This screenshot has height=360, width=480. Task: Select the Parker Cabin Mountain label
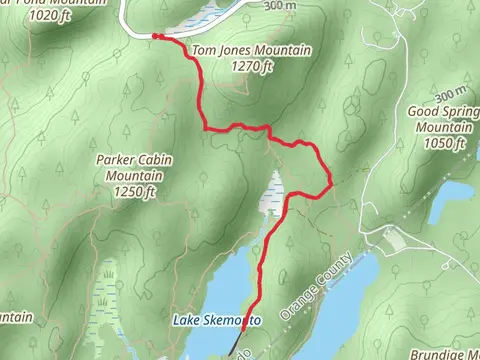[134, 166]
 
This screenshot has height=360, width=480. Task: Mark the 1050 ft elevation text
[441, 143]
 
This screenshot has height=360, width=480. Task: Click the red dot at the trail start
[155, 37]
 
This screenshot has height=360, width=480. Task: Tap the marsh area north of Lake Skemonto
[270, 200]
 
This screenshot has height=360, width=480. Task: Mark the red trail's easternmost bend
[331, 181]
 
